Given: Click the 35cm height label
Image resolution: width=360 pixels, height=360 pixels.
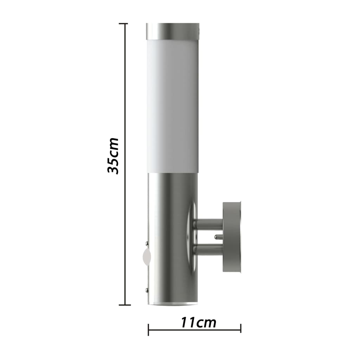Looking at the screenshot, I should pyautogui.click(x=113, y=156).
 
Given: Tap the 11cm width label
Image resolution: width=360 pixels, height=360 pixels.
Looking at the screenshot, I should pyautogui.click(x=198, y=322).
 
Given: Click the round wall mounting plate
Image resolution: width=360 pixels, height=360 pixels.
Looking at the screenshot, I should pyautogui.click(x=232, y=238).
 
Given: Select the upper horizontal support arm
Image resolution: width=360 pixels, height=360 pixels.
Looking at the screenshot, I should pyautogui.click(x=210, y=223).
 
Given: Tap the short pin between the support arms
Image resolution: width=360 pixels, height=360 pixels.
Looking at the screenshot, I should pyautogui.click(x=218, y=236).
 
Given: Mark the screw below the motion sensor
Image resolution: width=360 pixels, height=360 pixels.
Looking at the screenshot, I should pyautogui.click(x=146, y=290).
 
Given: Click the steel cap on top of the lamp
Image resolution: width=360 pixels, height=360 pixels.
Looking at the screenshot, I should pyautogui.click(x=172, y=31).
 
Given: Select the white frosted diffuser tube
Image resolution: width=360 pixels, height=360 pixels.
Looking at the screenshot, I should pyautogui.click(x=172, y=105).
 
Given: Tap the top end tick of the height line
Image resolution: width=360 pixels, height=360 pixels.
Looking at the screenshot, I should pyautogui.click(x=123, y=24).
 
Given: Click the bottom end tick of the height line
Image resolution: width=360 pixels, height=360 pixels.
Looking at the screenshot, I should pyautogui.click(x=123, y=305).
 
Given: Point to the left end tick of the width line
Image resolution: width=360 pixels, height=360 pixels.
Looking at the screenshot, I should pyautogui.click(x=148, y=330).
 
